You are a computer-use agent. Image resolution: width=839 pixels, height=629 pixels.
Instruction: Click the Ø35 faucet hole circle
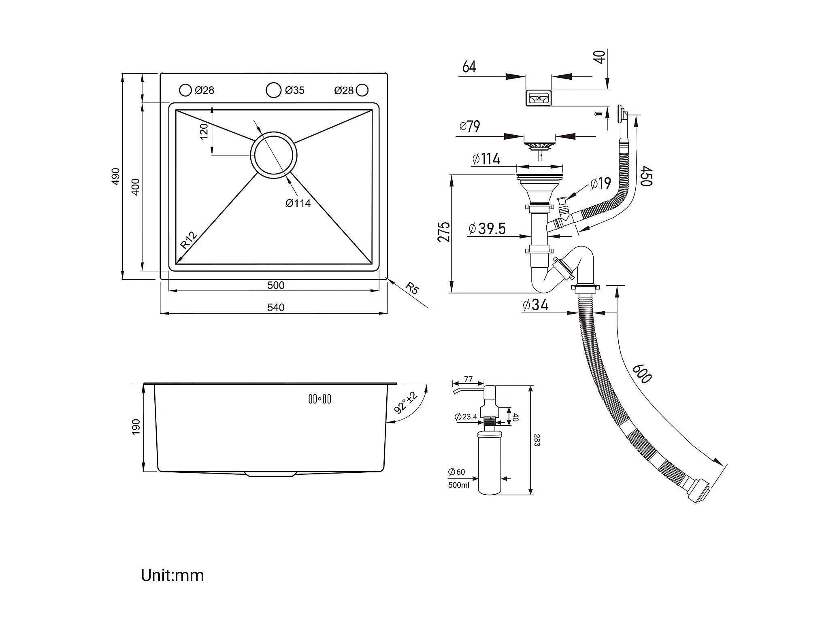click(x=274, y=90)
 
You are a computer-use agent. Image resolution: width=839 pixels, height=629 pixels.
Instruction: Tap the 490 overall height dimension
click(x=116, y=176)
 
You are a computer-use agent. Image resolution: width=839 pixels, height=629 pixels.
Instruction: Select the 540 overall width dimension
click(x=276, y=308)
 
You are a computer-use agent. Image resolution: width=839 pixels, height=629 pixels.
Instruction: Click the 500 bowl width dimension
click(x=276, y=285)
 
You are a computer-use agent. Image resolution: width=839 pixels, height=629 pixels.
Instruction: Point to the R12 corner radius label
click(x=188, y=240)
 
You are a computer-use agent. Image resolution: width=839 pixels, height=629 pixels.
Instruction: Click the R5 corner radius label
click(x=412, y=289)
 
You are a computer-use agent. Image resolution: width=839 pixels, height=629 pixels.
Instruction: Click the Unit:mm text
click(x=172, y=575)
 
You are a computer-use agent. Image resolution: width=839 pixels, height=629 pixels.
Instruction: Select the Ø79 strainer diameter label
click(x=470, y=126)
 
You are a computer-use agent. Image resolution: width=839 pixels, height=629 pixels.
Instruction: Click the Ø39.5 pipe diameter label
click(x=487, y=229)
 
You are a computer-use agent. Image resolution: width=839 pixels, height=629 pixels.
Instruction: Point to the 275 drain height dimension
click(x=444, y=232)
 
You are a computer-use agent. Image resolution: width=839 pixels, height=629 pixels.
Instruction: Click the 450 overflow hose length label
click(x=646, y=176)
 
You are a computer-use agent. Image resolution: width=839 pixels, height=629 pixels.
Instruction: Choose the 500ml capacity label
click(x=459, y=485)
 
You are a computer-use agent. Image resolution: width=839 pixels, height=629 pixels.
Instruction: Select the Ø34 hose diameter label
click(x=535, y=304)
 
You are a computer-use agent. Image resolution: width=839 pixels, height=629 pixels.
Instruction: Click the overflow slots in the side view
click(x=320, y=399)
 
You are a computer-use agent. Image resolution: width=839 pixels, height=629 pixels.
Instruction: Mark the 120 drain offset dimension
click(x=204, y=132)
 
